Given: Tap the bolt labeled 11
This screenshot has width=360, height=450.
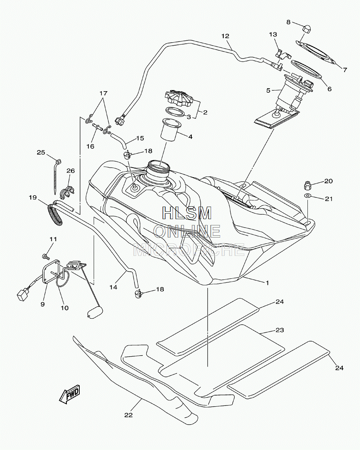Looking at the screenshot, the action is coord(46,256).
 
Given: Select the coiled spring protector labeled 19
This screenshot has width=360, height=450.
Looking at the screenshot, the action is coord(55,214).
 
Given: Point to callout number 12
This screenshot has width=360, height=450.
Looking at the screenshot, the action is coord(225,36).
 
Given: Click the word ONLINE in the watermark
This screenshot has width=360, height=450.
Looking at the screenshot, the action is coord(187,231).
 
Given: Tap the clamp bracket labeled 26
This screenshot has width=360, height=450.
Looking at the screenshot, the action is coord(67,191).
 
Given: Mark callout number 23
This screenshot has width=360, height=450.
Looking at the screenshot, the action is coord(280,330).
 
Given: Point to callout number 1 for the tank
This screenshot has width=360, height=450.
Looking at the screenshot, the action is coord(267,283).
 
